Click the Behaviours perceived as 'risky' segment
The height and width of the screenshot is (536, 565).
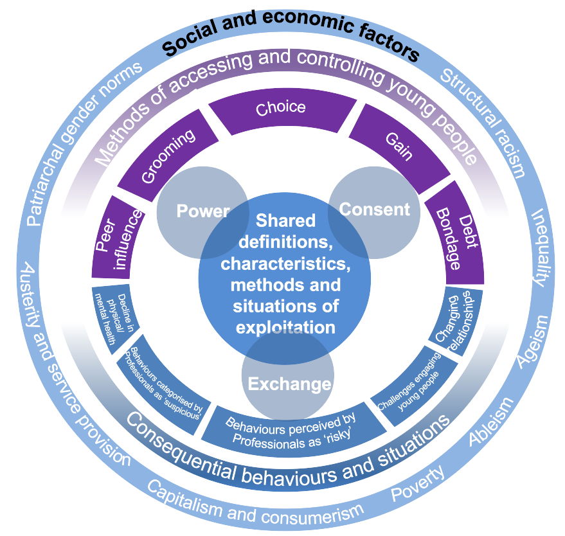[x=291, y=429]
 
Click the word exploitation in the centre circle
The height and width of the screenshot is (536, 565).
[x=285, y=327]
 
